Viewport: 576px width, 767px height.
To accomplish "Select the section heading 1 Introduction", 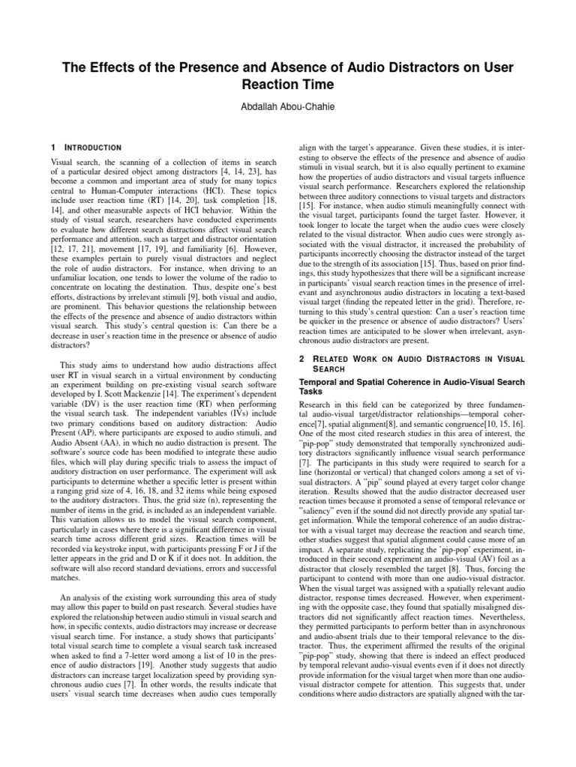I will point(84,148).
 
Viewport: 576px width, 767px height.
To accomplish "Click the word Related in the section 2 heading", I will point(342,358).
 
